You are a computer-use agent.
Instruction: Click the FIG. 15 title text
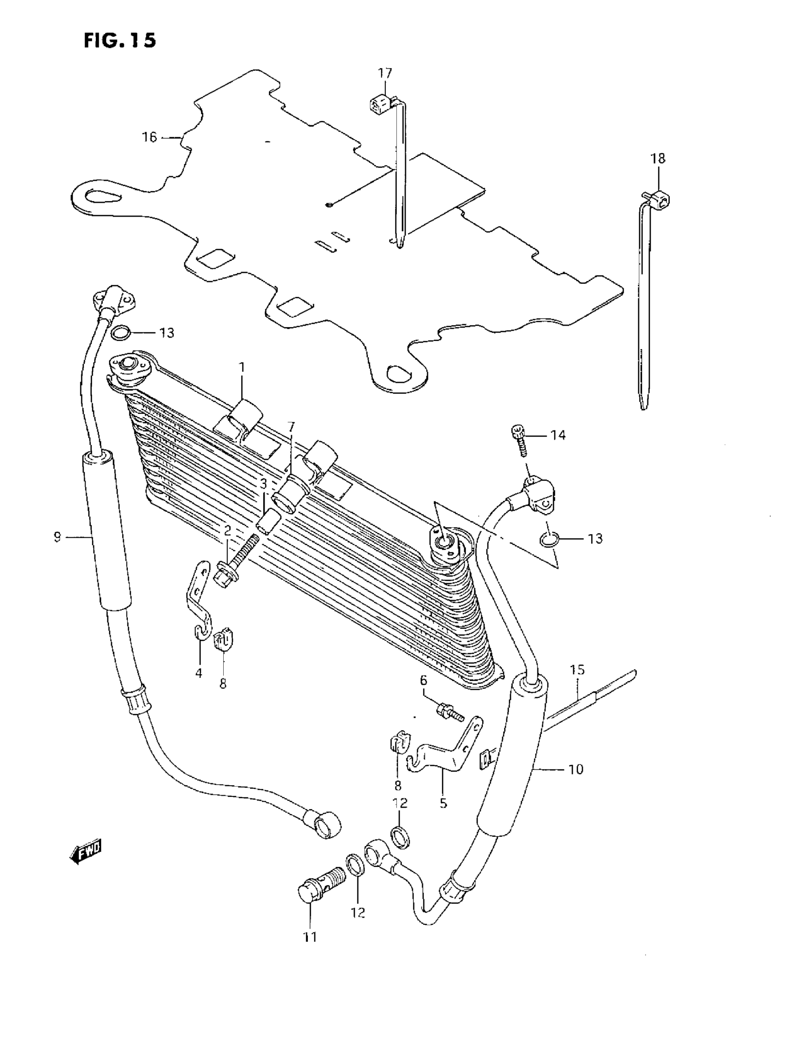pyautogui.click(x=120, y=40)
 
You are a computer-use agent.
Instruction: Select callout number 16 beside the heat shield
pyautogui.click(x=149, y=137)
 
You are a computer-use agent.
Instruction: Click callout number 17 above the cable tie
pyautogui.click(x=385, y=73)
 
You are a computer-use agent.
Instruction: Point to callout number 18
pyautogui.click(x=658, y=158)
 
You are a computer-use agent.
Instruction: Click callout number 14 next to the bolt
pyautogui.click(x=558, y=435)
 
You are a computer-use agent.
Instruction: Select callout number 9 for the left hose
pyautogui.click(x=57, y=537)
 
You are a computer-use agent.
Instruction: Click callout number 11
pyautogui.click(x=310, y=937)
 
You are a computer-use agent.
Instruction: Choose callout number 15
pyautogui.click(x=577, y=670)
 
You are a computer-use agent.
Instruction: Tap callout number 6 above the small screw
pyautogui.click(x=423, y=680)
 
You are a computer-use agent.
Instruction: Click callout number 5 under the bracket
pyautogui.click(x=443, y=803)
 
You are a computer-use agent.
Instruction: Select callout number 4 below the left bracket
pyautogui.click(x=198, y=673)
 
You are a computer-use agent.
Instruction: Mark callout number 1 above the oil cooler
pyautogui.click(x=241, y=367)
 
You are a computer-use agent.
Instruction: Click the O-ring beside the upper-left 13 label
pyautogui.click(x=121, y=333)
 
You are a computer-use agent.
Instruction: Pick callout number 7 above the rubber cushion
pyautogui.click(x=290, y=426)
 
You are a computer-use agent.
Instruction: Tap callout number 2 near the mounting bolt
pyautogui.click(x=227, y=530)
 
